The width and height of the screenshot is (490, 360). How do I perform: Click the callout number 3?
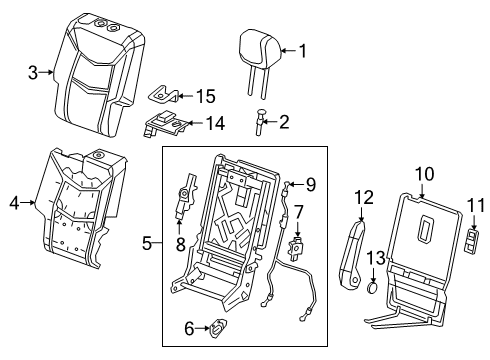33,73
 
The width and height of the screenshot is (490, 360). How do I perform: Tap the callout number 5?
147,242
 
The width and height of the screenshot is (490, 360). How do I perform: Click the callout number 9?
311,183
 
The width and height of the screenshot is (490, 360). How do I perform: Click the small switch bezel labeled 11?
473,242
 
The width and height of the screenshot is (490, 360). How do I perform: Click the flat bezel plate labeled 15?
167,95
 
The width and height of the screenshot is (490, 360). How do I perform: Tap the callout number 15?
205,96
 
